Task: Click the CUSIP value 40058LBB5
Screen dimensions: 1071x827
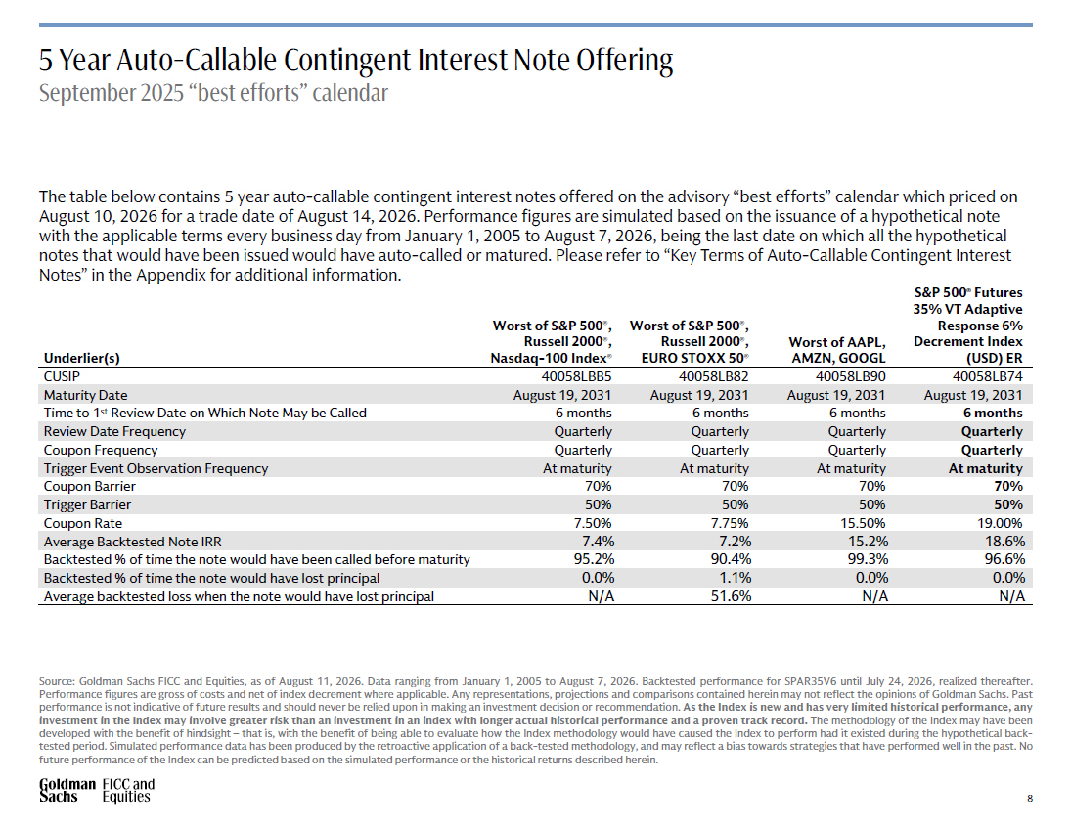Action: click(x=576, y=376)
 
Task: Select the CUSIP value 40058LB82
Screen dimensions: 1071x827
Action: click(x=713, y=376)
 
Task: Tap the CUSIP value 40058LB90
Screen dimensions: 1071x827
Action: click(x=850, y=376)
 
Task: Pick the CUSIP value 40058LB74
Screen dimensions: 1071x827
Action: click(x=988, y=376)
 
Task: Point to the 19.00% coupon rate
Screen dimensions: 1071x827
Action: click(x=1001, y=523)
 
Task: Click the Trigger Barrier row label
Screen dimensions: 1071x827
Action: click(x=87, y=504)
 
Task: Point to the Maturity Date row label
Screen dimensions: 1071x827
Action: click(x=85, y=395)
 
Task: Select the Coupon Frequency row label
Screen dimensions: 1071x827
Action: click(x=101, y=450)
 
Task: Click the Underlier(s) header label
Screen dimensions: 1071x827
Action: click(x=81, y=358)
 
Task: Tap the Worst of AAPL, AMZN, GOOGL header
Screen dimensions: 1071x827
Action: click(x=837, y=350)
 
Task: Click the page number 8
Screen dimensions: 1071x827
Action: click(x=1030, y=798)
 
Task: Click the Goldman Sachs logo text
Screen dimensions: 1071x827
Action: click(x=67, y=790)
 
